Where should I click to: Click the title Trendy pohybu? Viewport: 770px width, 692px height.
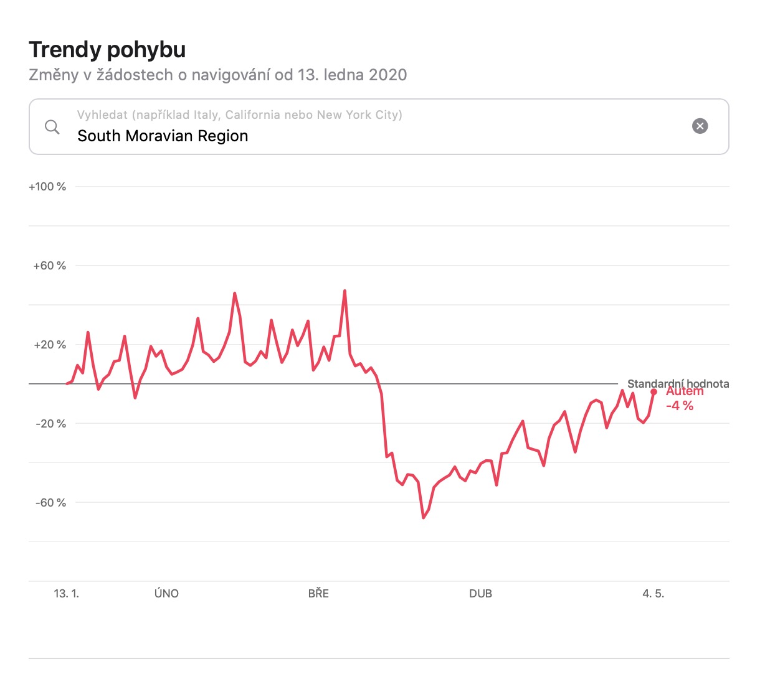pyautogui.click(x=107, y=50)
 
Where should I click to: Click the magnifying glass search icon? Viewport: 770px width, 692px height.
pyautogui.click(x=52, y=127)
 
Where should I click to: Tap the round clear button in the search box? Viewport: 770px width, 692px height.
pyautogui.click(x=700, y=126)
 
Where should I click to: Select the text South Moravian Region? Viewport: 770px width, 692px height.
pyautogui.click(x=163, y=136)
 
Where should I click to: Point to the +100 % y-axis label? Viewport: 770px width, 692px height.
pyautogui.click(x=47, y=187)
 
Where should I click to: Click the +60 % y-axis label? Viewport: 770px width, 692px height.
pyautogui.click(x=49, y=266)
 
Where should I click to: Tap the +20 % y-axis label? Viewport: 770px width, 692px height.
pyautogui.click(x=49, y=345)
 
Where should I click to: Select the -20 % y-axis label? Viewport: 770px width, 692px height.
pyautogui.click(x=50, y=424)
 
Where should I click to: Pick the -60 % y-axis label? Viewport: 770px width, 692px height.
pyautogui.click(x=50, y=503)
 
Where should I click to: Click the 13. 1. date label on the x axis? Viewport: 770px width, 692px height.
pyautogui.click(x=67, y=594)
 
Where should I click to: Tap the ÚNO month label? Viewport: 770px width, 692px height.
pyautogui.click(x=166, y=594)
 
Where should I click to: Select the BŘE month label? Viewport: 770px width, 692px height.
pyautogui.click(x=318, y=594)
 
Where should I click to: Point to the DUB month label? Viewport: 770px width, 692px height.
pyautogui.click(x=480, y=594)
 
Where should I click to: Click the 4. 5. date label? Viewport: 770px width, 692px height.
pyautogui.click(x=654, y=594)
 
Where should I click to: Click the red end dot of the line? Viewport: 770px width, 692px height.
pyautogui.click(x=654, y=392)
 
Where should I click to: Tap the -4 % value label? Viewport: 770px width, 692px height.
pyautogui.click(x=679, y=406)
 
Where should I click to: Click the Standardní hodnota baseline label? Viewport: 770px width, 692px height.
pyautogui.click(x=678, y=383)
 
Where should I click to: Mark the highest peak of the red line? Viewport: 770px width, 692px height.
pyautogui.click(x=345, y=291)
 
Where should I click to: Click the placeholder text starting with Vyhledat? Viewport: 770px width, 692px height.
pyautogui.click(x=240, y=115)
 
